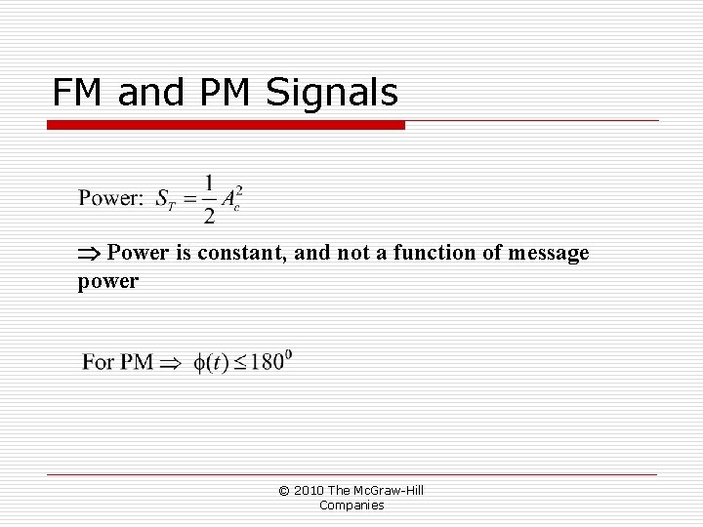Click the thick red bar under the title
(x=227, y=125)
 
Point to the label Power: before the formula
(x=111, y=199)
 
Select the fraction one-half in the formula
(x=208, y=198)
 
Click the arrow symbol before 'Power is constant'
(x=90, y=255)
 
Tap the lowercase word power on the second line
(x=108, y=282)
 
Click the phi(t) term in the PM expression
(x=212, y=363)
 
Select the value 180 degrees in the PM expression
(x=271, y=361)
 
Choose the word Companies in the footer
(x=351, y=505)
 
